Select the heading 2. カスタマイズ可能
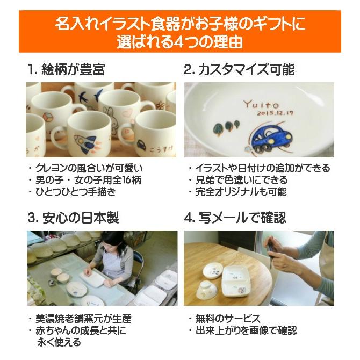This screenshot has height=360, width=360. [239, 70]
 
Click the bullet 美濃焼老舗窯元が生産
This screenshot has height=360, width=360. [83, 319]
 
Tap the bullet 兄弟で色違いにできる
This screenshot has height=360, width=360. [237, 180]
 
